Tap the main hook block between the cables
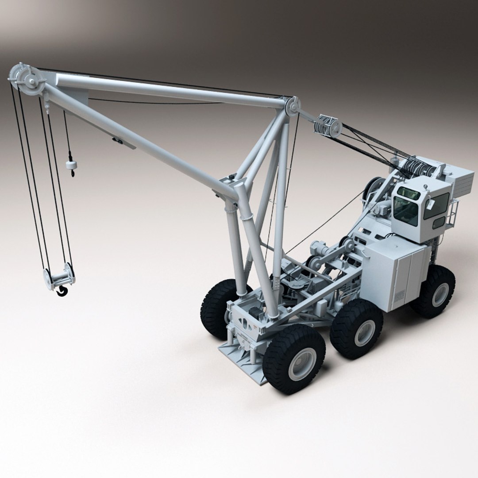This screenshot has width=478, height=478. [59, 278]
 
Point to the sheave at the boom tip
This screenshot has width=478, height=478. [27, 80]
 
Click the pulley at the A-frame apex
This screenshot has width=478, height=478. [292, 107]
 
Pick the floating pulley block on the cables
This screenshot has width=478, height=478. [328, 126]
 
